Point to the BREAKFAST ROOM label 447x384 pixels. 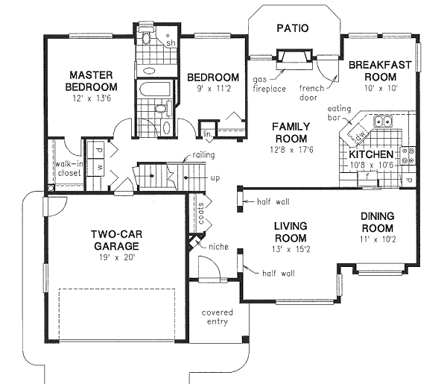[x=380, y=71]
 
